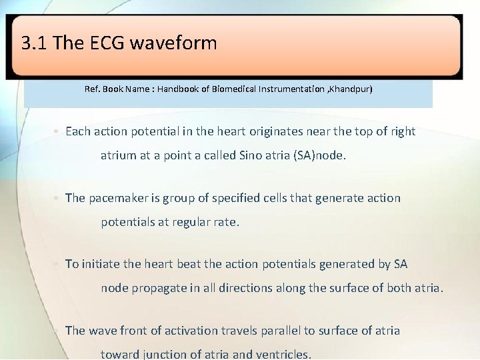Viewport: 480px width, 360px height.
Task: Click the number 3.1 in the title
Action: (34, 44)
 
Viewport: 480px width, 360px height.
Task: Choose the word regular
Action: (194, 222)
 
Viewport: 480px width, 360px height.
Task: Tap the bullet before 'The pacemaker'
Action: (57, 198)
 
